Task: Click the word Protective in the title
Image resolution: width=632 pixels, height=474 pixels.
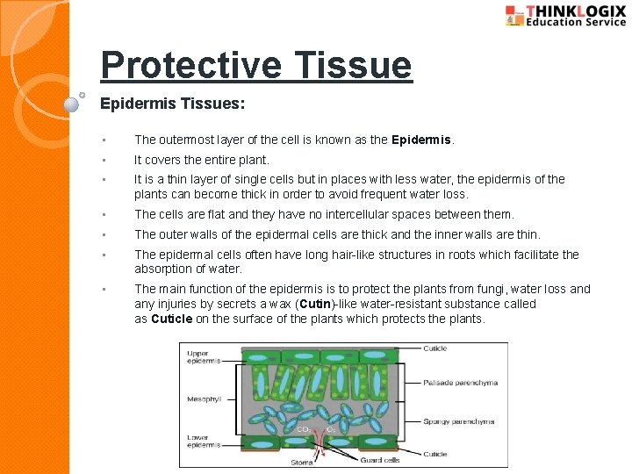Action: pyautogui.click(x=190, y=66)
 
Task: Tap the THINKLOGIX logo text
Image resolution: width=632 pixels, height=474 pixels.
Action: pyautogui.click(x=576, y=11)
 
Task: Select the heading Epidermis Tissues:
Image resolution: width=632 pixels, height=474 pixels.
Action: pyautogui.click(x=172, y=104)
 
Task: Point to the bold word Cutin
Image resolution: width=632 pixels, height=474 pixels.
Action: pyautogui.click(x=313, y=304)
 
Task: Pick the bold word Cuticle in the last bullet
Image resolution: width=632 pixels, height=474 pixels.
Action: pyautogui.click(x=172, y=319)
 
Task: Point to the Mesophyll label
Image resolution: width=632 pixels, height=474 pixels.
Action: pyautogui.click(x=204, y=399)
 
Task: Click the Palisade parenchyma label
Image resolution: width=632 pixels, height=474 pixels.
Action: pyautogui.click(x=460, y=383)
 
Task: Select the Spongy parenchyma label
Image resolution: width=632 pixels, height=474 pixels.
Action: pyautogui.click(x=459, y=421)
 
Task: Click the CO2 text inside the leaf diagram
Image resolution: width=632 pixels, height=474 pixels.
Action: pyautogui.click(x=301, y=428)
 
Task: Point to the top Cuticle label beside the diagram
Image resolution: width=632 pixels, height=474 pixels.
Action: pyautogui.click(x=435, y=348)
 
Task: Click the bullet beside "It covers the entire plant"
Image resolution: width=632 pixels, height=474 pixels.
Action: pyautogui.click(x=104, y=161)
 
